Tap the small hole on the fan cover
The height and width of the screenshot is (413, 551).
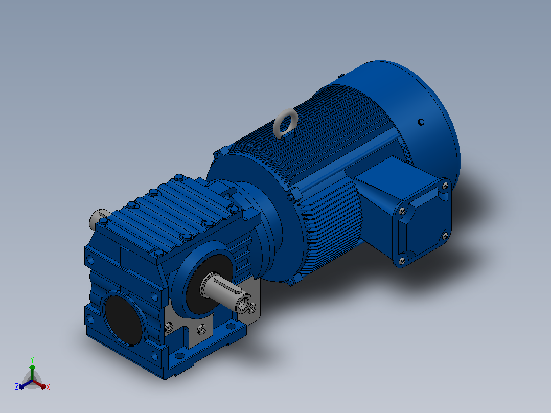point(421,122)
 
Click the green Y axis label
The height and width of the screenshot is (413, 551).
point(32,359)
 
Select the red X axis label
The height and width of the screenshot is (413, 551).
point(48,387)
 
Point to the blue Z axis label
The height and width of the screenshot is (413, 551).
point(16,386)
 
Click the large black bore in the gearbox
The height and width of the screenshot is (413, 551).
point(123,319)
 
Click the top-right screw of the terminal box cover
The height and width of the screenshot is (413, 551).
point(445,185)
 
